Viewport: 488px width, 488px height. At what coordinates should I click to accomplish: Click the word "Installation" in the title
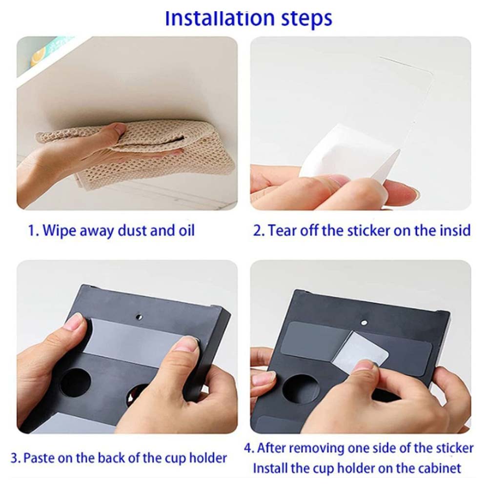220,18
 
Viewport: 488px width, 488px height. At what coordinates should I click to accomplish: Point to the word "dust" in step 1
130,231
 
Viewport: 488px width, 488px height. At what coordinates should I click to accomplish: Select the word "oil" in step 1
186,231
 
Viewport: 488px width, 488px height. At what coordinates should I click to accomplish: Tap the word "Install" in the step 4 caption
270,468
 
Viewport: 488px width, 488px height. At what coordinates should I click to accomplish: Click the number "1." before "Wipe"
34,231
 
